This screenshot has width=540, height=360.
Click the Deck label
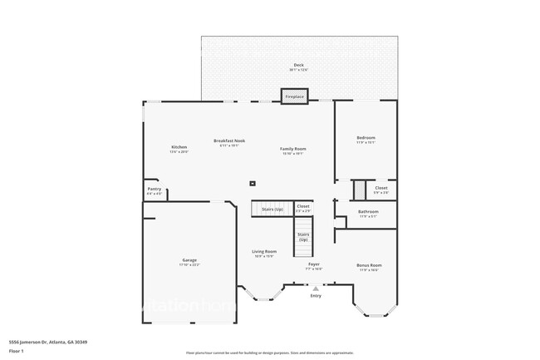[x=298, y=65]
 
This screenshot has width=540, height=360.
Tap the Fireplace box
[x=295, y=96]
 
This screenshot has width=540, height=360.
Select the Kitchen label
[x=179, y=147]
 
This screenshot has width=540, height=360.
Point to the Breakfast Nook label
[x=229, y=141]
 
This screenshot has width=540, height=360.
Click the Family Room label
[x=293, y=149]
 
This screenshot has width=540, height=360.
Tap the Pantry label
[x=155, y=189]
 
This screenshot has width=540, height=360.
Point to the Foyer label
[x=313, y=264]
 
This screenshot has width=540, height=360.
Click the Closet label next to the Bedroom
[x=380, y=188]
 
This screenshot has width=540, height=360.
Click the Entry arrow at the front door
[x=316, y=288]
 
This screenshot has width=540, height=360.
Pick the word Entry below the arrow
[x=316, y=295]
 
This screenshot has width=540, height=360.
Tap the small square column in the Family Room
[x=253, y=183]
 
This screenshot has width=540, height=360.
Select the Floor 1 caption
[x=17, y=349]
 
